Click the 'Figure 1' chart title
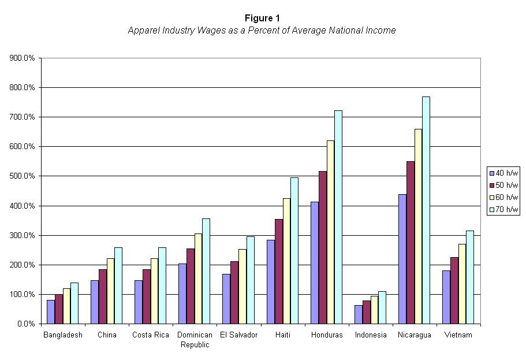(x=262, y=18)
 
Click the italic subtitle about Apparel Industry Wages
(x=262, y=31)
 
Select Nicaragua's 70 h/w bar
(x=426, y=210)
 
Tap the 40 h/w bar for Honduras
(x=314, y=263)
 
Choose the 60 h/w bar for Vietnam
(x=462, y=284)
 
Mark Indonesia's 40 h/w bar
(x=358, y=314)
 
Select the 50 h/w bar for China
(x=103, y=296)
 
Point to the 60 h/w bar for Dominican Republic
(x=199, y=279)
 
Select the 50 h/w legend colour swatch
(x=492, y=185)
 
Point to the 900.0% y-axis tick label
(x=22, y=58)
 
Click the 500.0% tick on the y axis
(x=22, y=176)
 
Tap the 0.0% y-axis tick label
(x=25, y=324)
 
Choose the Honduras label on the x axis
(x=326, y=335)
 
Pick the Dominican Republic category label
(x=194, y=340)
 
